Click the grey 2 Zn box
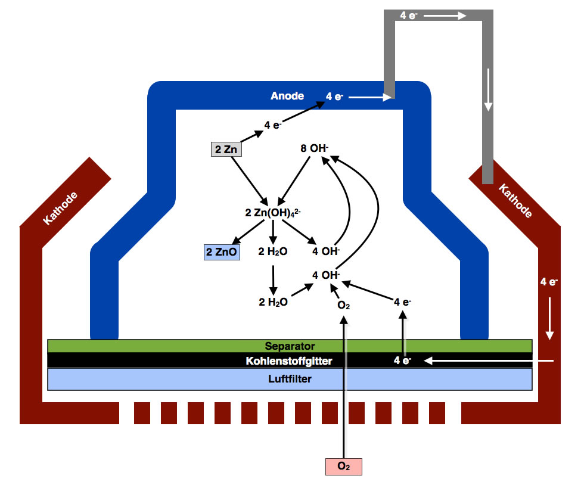click(x=226, y=149)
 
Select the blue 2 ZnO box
click(x=222, y=252)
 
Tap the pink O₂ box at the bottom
click(x=343, y=466)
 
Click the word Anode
click(x=287, y=95)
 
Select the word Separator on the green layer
click(x=290, y=346)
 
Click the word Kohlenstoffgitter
click(x=289, y=360)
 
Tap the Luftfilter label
click(x=290, y=378)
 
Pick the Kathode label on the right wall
click(x=515, y=201)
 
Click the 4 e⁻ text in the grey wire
click(x=408, y=16)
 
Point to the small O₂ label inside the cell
click(x=343, y=306)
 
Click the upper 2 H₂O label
click(x=273, y=252)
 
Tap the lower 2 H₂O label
click(x=273, y=302)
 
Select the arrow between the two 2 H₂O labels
click(x=273, y=277)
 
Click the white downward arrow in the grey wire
click(x=488, y=89)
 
